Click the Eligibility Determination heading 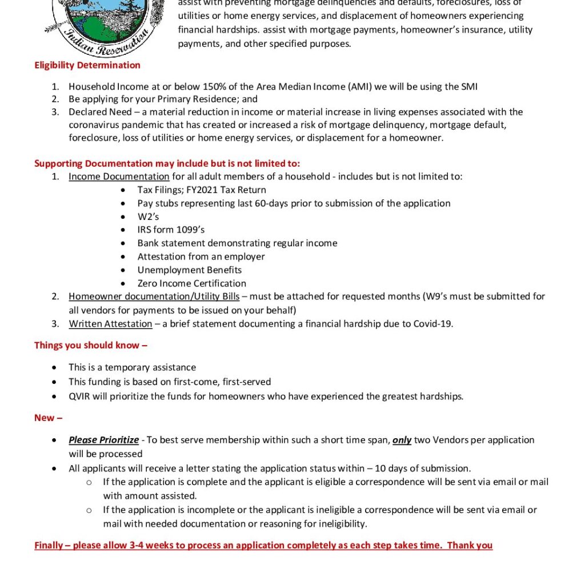coord(87,65)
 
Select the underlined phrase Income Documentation coord(119,177)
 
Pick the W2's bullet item coord(148,217)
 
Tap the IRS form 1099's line coord(171,230)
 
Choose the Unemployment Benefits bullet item coord(190,270)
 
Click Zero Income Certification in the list coord(192,283)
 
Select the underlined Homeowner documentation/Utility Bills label coord(154,296)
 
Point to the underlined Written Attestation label coord(110,324)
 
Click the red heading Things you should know coord(91,345)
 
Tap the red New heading coord(48,418)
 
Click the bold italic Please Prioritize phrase coord(104,440)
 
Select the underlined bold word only coord(402,440)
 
